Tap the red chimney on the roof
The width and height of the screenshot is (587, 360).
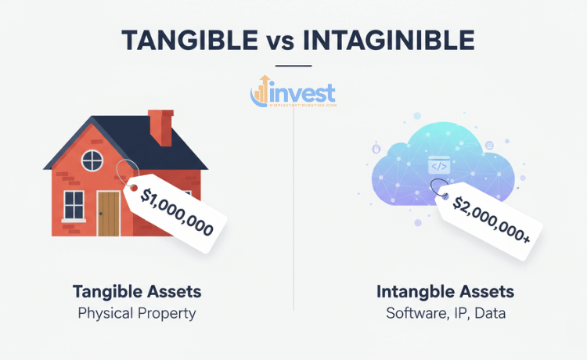pos(161,128)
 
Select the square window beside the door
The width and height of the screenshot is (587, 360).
pos(74,206)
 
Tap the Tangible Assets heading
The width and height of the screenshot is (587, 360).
pos(137,292)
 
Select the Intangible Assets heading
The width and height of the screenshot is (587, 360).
pos(445,292)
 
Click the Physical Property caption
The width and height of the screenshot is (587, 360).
pos(137,314)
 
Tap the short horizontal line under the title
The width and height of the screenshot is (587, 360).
pos(293,66)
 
